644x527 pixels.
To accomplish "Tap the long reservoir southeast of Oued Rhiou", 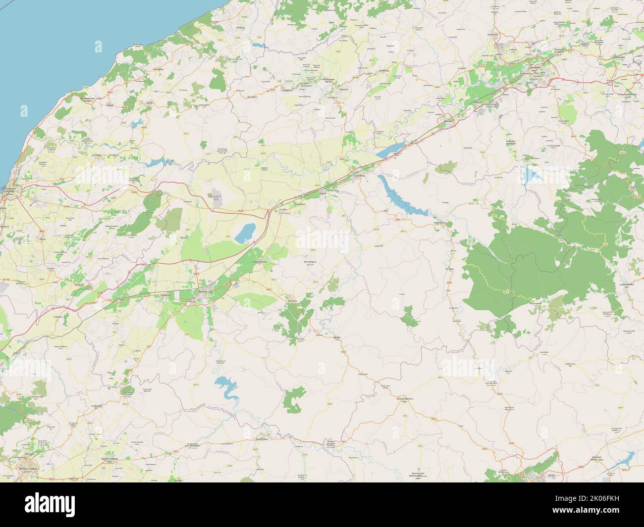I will (x=401, y=197).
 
